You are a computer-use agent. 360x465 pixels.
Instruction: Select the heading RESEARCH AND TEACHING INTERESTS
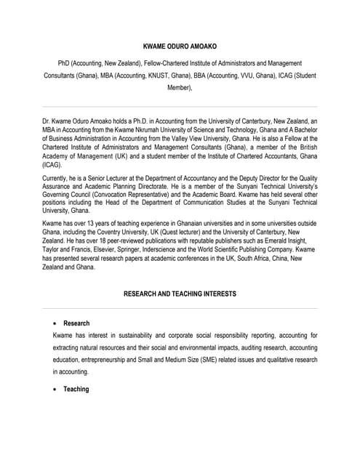pyautogui.click(x=180, y=294)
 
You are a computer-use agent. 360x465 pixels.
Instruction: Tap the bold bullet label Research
pyautogui.click(x=76, y=323)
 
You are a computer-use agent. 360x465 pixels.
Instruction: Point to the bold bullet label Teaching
pyautogui.click(x=76, y=389)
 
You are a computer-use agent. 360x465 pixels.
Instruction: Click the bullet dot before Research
pyautogui.click(x=56, y=323)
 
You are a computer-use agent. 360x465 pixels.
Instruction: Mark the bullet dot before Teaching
pyautogui.click(x=56, y=389)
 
